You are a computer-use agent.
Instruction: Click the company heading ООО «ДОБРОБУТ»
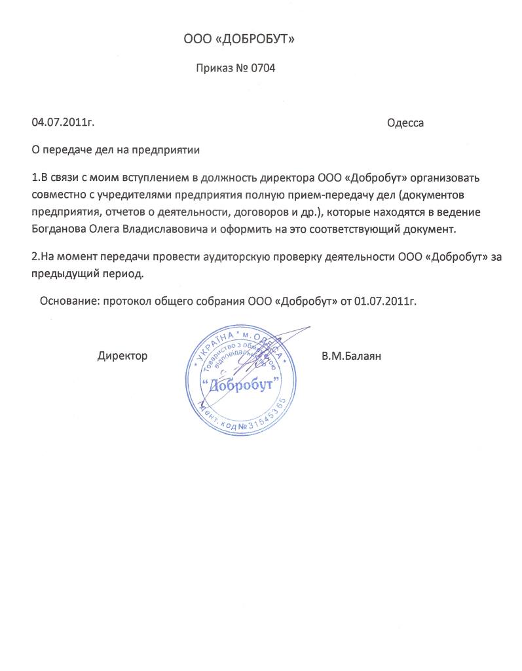pos(239,41)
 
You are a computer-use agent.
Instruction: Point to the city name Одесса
pos(405,123)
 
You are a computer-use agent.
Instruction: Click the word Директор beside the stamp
pos(122,356)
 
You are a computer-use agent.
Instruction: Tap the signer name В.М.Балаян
pos(351,356)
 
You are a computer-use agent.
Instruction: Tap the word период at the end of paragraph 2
pos(122,273)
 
